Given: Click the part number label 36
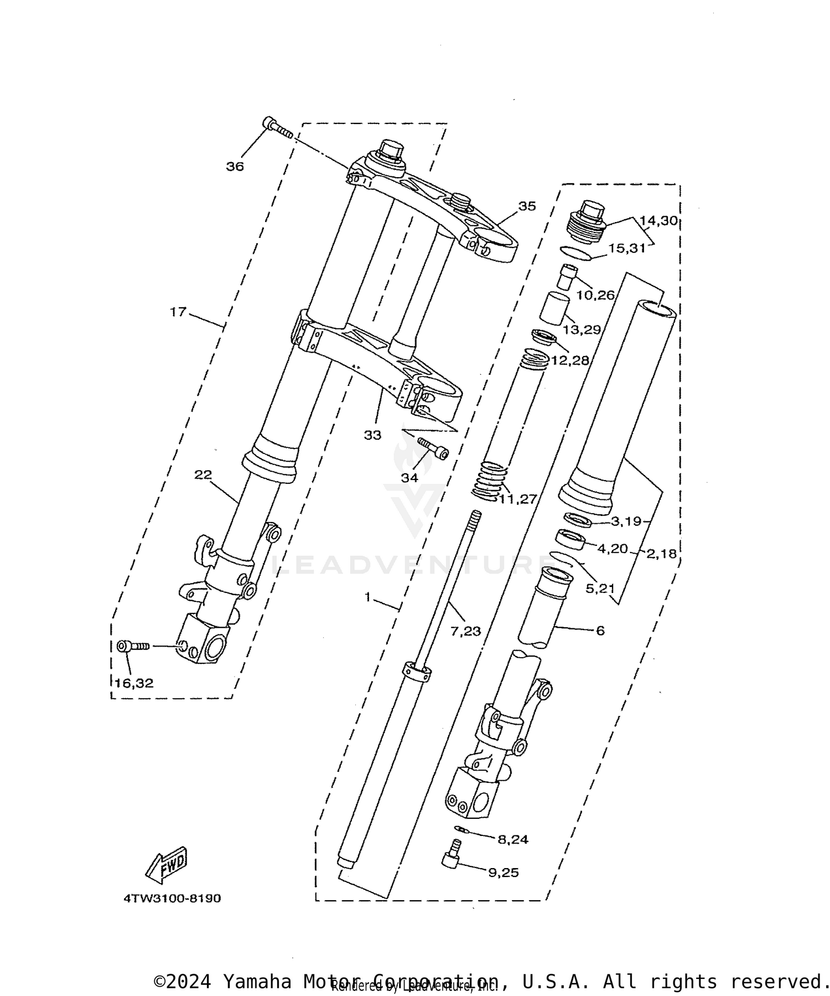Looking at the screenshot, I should point(235,167).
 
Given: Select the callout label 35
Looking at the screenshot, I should point(527,207).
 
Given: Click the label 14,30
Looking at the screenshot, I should point(658,221).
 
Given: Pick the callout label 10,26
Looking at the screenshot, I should point(595,295).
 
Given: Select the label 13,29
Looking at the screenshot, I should point(582,330).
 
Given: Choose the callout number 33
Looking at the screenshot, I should point(372,435).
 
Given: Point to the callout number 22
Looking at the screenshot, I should point(203,474).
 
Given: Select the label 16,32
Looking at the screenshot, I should point(134,684).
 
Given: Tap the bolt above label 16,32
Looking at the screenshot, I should point(133,646).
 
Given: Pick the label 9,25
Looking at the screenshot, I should point(503,873).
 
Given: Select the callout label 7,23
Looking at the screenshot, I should point(465,631).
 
